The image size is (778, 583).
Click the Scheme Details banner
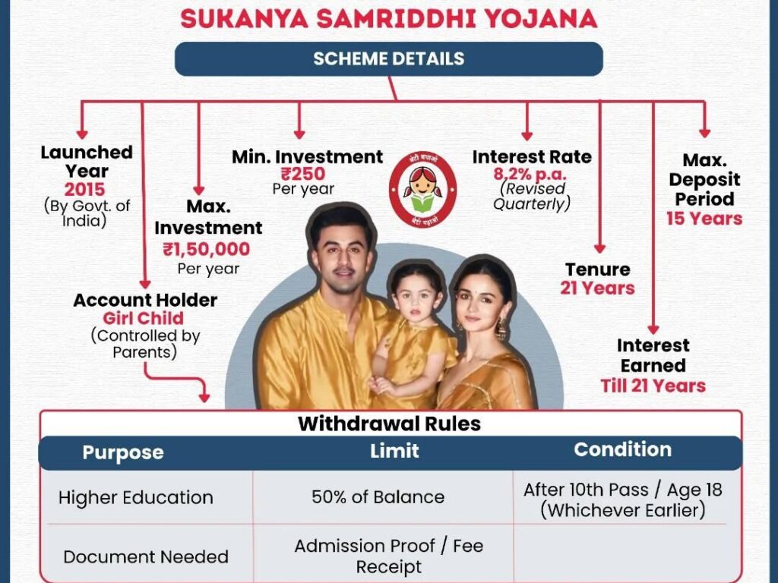click(x=388, y=58)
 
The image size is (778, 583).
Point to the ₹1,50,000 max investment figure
click(x=206, y=249)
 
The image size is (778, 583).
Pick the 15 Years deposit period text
click(x=704, y=219)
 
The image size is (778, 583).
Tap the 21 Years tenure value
click(x=597, y=288)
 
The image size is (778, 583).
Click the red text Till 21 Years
click(x=653, y=386)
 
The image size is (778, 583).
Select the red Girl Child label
click(x=144, y=318)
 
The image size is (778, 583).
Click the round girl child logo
click(x=422, y=189)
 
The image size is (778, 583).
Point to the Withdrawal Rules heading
click(x=389, y=424)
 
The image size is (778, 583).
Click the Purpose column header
click(x=122, y=452)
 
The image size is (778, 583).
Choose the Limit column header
click(x=394, y=451)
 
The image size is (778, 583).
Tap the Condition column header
click(x=622, y=449)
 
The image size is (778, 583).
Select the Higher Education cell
click(x=135, y=498)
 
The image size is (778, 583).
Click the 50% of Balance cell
click(x=378, y=497)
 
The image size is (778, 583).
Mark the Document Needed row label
click(x=145, y=556)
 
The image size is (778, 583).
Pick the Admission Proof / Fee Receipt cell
click(x=388, y=556)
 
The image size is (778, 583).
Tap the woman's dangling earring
click(x=501, y=328)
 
